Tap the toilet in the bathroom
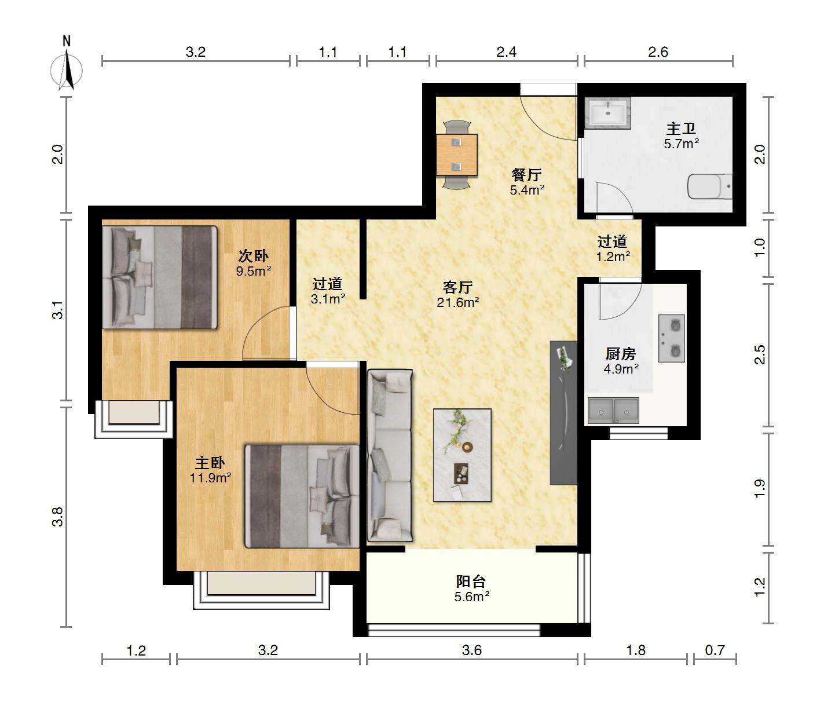point(710,186)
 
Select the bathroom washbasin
point(607,113)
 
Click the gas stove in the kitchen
point(671,338)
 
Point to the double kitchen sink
point(613,411)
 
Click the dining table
point(457,155)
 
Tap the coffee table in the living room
point(462,455)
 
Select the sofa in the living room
point(390,455)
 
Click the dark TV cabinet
point(563,412)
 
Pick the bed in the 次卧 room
point(160,277)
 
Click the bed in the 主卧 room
point(302,496)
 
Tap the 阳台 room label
point(471,581)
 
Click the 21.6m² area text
point(457,302)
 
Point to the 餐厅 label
point(526,175)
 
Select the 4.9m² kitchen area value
point(621,368)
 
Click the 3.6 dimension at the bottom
point(472,650)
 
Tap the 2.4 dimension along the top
point(506,52)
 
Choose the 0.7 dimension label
point(715,650)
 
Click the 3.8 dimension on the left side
point(58,517)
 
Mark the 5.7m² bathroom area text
point(682,144)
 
